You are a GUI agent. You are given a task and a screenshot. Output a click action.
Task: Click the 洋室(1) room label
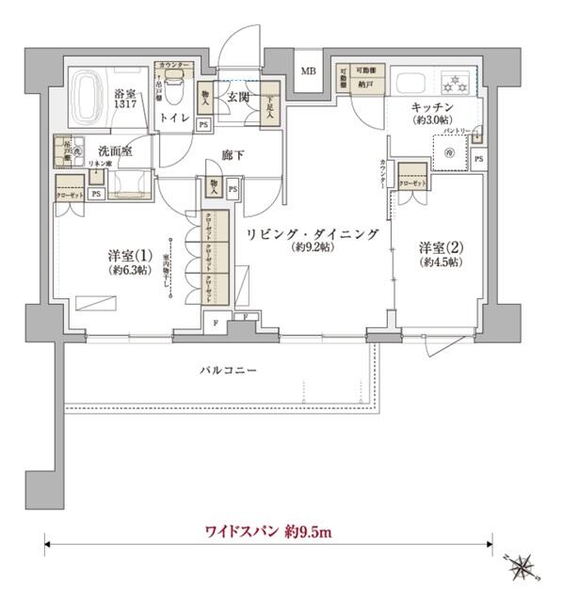pyautogui.click(x=122, y=255)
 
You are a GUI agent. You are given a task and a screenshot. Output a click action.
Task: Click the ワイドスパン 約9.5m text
pyautogui.click(x=268, y=532)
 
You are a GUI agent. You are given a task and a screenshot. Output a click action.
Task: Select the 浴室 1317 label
pyautogui.click(x=127, y=100)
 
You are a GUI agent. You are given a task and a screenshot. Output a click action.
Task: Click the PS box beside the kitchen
pyautogui.click(x=478, y=158)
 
